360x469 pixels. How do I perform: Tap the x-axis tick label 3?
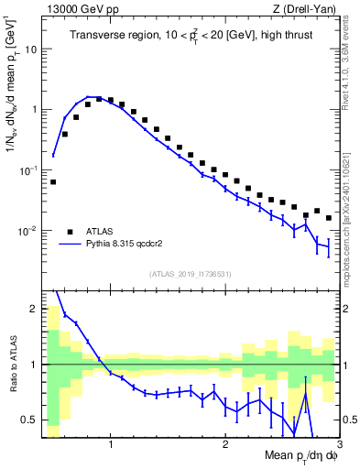[339, 446]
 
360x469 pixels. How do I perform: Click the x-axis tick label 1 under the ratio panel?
[110, 446]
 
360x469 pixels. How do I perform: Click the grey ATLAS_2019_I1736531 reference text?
[191, 274]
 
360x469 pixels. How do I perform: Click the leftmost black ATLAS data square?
[53, 181]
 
